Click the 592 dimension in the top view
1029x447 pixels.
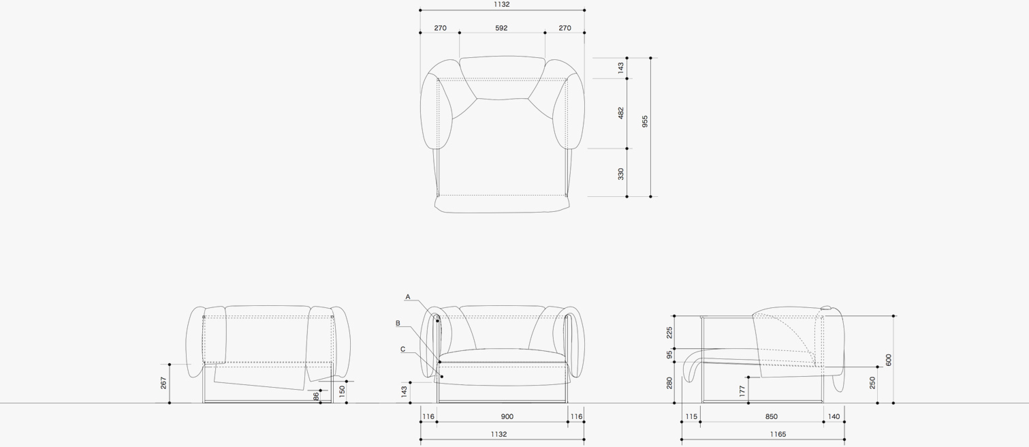click(501, 28)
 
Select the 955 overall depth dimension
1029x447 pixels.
click(644, 121)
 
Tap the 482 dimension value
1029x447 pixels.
click(620, 113)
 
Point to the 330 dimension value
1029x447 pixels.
click(620, 174)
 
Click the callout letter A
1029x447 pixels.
click(408, 297)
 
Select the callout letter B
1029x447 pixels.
click(398, 323)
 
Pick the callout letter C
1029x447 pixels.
click(402, 350)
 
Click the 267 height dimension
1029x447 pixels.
click(163, 384)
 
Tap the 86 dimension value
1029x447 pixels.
click(316, 396)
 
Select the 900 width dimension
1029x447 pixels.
click(507, 416)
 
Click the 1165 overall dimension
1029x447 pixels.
click(777, 434)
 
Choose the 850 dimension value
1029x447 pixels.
click(770, 416)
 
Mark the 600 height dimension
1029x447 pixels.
click(888, 360)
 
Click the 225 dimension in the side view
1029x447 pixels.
click(669, 332)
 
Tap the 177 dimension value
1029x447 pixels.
click(742, 390)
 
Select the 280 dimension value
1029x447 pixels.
click(669, 383)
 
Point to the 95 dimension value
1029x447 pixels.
click(669, 355)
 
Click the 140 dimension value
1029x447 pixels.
click(834, 416)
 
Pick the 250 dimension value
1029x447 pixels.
click(872, 383)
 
